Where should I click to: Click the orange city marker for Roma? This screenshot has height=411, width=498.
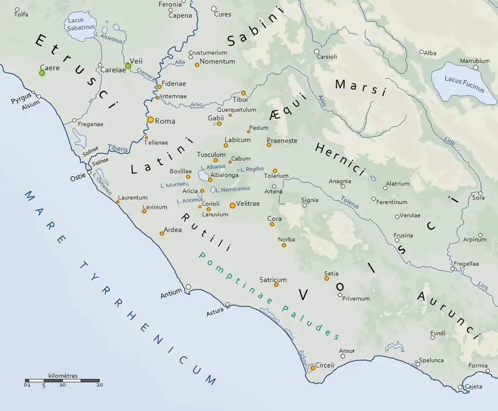coord(150,120)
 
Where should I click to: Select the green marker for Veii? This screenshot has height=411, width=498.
coord(128,66)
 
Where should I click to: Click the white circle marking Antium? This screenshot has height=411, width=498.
coord(188,287)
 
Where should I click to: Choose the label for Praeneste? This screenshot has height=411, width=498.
coord(282,141)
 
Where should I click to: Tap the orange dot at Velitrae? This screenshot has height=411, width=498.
coord(232,205)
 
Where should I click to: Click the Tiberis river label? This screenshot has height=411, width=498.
coord(118,149)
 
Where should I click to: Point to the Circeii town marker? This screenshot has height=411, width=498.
coord(313,368)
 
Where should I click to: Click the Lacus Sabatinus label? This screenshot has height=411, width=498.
coord(78,24)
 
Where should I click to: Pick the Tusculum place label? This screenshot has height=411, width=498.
coord(211,155)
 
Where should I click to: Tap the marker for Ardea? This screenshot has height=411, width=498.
coord(162,233)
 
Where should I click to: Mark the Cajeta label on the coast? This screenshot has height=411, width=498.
coord(473,387)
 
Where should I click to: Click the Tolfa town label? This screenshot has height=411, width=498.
coord(21,15)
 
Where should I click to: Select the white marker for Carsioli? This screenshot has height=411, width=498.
coord(316,51)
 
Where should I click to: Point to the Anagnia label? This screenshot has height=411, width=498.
coord(340,181)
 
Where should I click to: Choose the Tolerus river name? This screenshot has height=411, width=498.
coord(350,202)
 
